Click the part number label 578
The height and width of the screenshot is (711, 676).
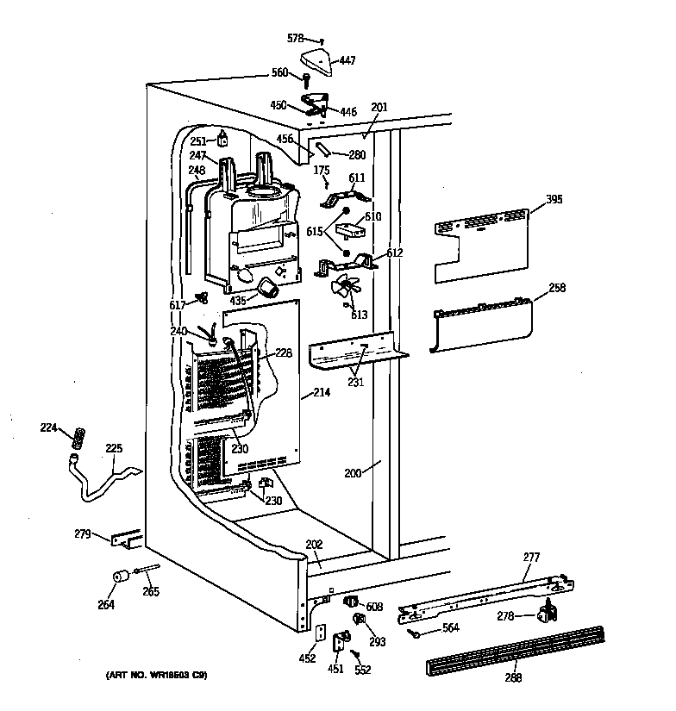coord(296,40)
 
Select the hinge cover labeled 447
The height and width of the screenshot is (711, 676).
coord(315,61)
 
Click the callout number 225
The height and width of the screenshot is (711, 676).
coord(114,448)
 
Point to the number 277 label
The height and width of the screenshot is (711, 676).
coord(530,558)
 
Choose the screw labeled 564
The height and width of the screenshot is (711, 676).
coord(416,634)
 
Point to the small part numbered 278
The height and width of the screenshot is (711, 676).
coord(544,614)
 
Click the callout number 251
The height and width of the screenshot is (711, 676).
coord(198,140)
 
